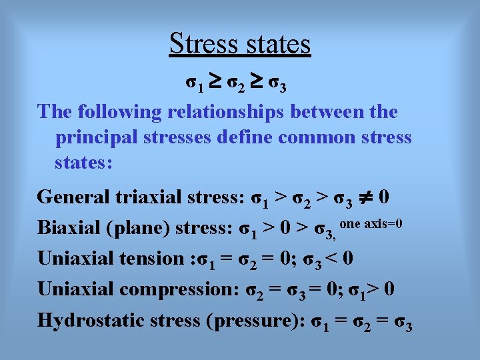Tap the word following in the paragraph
(x=116, y=112)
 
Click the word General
(x=74, y=197)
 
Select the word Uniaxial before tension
(x=74, y=258)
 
